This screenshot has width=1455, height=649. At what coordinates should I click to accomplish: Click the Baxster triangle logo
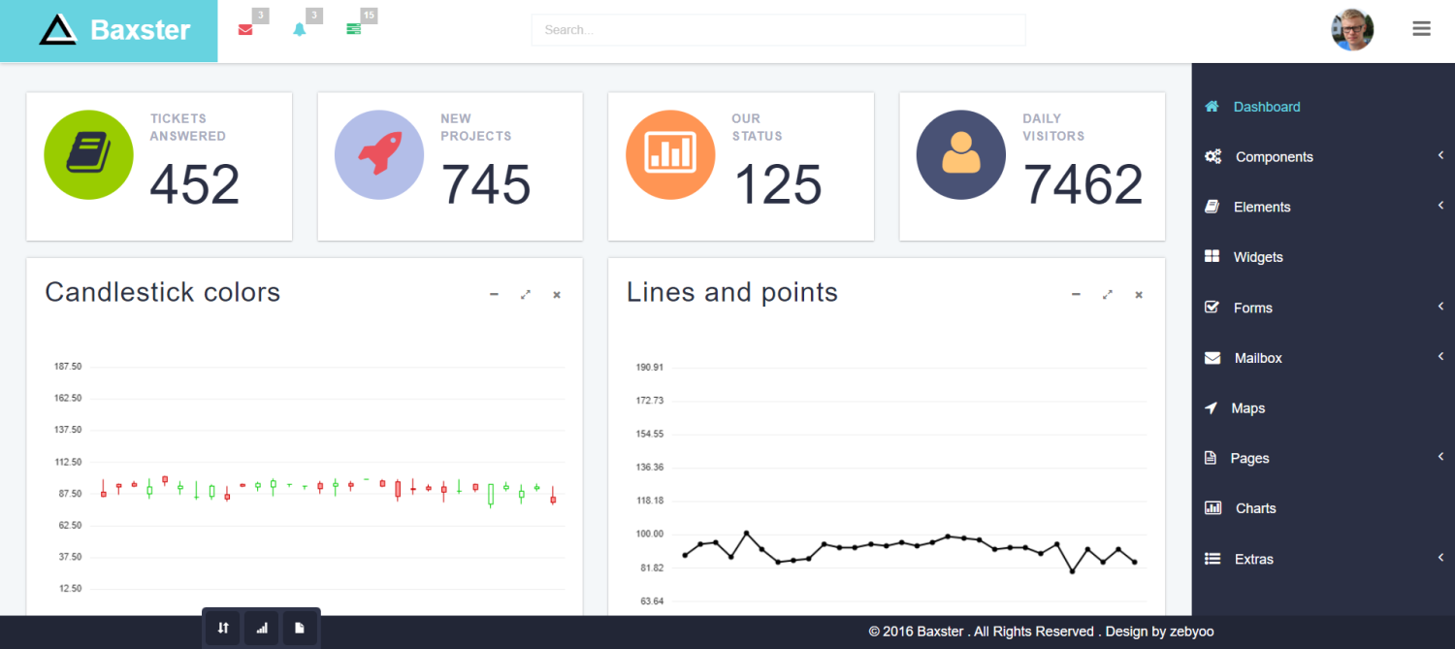pyautogui.click(x=57, y=30)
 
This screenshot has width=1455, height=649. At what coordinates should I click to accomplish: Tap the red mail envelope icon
pyautogui.click(x=245, y=30)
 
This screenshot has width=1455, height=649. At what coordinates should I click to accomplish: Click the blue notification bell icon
pyautogui.click(x=300, y=30)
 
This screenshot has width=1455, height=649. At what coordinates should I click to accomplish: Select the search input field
pyautogui.click(x=778, y=30)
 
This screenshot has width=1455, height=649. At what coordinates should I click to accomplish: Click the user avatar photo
pyautogui.click(x=1352, y=30)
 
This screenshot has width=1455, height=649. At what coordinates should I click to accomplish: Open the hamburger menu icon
pyautogui.click(x=1421, y=29)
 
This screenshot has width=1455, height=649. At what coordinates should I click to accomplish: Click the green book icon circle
pyautogui.click(x=88, y=155)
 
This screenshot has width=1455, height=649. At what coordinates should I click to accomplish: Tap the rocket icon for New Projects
pyautogui.click(x=379, y=155)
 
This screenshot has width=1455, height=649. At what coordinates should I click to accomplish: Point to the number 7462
pyautogui.click(x=1083, y=184)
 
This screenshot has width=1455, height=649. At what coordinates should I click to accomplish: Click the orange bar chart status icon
pyautogui.click(x=670, y=155)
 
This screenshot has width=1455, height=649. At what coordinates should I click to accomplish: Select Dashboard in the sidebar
pyautogui.click(x=1266, y=107)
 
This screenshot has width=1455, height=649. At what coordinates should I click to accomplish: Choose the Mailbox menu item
pyautogui.click(x=1257, y=358)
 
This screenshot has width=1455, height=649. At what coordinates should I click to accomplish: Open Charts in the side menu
pyautogui.click(x=1255, y=508)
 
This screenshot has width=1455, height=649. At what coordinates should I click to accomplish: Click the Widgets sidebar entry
pyautogui.click(x=1257, y=257)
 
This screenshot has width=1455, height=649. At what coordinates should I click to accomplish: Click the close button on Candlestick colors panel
pyautogui.click(x=557, y=295)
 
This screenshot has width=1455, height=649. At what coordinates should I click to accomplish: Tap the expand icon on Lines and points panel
pyautogui.click(x=1107, y=295)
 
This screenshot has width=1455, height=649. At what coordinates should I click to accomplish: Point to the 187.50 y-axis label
pyautogui.click(x=68, y=367)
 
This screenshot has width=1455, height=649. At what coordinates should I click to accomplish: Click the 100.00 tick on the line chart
pyautogui.click(x=650, y=534)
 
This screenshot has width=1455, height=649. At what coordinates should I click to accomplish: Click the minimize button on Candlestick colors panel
pyautogui.click(x=494, y=295)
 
